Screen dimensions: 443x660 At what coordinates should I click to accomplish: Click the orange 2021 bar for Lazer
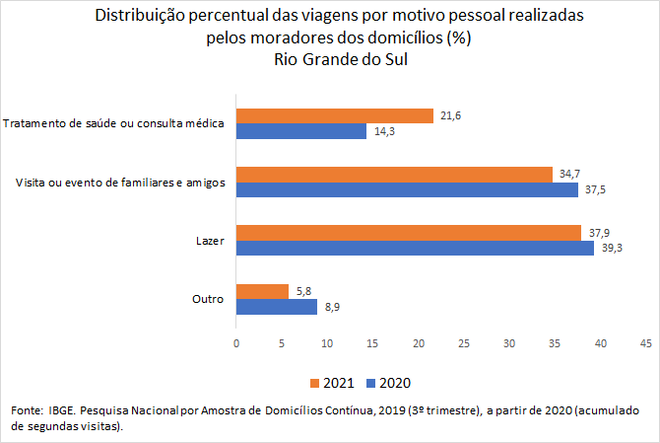(x=409, y=233)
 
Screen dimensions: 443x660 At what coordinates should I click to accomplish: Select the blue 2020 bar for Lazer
(x=415, y=249)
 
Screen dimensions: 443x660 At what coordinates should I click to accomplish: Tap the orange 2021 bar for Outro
(x=262, y=291)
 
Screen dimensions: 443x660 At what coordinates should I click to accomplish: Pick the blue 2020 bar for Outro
(x=277, y=307)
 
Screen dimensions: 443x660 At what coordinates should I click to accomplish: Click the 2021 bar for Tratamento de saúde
(x=335, y=116)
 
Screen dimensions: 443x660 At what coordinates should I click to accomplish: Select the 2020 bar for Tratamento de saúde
(x=301, y=131)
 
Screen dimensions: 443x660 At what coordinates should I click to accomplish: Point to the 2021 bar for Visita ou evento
(x=394, y=175)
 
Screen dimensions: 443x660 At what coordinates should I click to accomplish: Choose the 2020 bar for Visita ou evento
(x=407, y=189)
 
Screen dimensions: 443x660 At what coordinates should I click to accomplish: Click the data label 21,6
(x=451, y=116)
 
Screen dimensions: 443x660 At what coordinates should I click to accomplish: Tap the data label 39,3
(x=613, y=249)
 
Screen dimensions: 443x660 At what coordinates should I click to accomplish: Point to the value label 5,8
(x=306, y=291)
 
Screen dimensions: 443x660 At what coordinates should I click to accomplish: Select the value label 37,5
(x=596, y=189)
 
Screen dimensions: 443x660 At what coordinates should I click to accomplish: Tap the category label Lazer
(x=210, y=240)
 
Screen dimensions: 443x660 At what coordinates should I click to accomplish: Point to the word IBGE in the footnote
(x=61, y=408)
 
